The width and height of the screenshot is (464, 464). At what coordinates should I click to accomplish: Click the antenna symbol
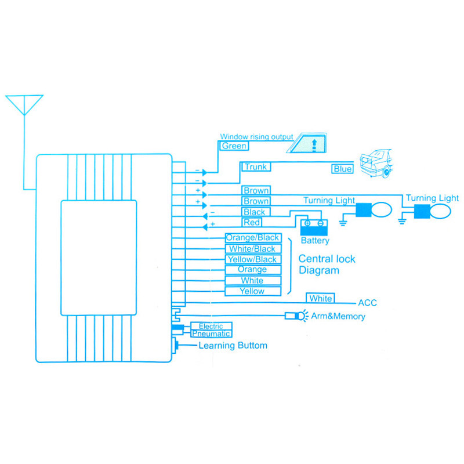24,107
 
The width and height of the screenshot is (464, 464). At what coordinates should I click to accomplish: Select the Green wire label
234,146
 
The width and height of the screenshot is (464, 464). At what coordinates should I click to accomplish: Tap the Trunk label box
255,167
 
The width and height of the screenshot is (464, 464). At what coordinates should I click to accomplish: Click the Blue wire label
342,169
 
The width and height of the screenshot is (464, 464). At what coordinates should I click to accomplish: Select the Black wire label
255,212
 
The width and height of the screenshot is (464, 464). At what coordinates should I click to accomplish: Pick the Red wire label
252,223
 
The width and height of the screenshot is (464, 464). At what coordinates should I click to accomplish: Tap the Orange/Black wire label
252,238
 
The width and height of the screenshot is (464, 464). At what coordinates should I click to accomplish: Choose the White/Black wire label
252,249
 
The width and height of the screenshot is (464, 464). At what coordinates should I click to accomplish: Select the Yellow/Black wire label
252,259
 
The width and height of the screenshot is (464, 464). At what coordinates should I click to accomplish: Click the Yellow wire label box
252,291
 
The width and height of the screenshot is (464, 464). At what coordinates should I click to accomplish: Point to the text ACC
368,303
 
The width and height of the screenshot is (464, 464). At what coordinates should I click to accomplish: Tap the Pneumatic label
211,333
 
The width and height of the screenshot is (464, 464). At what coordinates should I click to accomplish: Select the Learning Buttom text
233,346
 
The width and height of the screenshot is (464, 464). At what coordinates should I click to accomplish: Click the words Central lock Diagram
327,264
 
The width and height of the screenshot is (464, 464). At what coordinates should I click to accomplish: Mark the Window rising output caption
256,137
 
